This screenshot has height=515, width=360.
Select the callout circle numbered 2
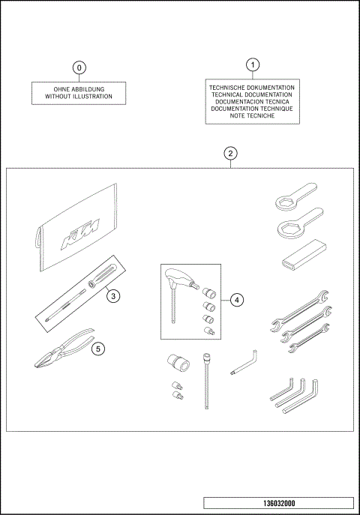(x=231, y=154)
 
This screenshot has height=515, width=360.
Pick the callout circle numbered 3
(x=112, y=295)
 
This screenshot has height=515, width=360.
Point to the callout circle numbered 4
(x=235, y=300)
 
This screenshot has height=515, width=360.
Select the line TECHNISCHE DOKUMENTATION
(x=253, y=88)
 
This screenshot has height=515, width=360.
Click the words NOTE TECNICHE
(x=253, y=116)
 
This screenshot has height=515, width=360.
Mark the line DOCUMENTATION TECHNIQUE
(x=253, y=109)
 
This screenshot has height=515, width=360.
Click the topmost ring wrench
(x=293, y=198)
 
